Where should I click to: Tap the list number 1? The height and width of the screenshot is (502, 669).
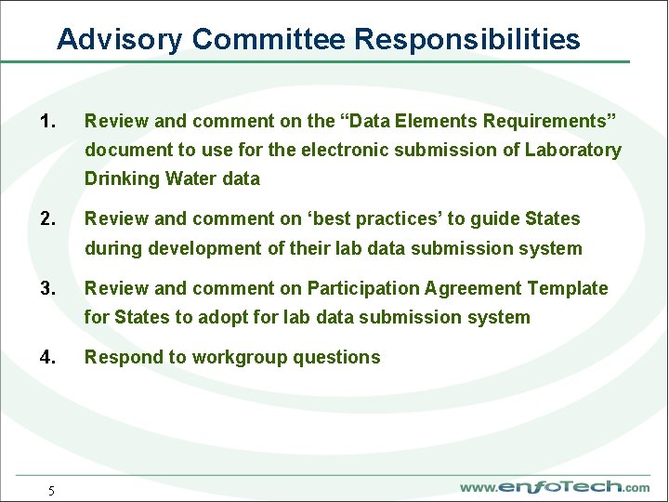pyautogui.click(x=49, y=121)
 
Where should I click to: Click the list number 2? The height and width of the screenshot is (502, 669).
pyautogui.click(x=49, y=219)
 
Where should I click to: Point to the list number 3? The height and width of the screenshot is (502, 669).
pyautogui.click(x=49, y=288)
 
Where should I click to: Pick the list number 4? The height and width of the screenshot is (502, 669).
pyautogui.click(x=49, y=357)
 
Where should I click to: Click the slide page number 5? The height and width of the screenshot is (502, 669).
pyautogui.click(x=51, y=491)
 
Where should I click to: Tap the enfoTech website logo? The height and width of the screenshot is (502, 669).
pyautogui.click(x=555, y=486)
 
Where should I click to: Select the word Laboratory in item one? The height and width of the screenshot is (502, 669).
pyautogui.click(x=573, y=150)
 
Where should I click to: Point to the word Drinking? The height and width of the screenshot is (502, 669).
pyautogui.click(x=122, y=178)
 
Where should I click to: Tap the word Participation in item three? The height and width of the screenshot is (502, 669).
pyautogui.click(x=364, y=288)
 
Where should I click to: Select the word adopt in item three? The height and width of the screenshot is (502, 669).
pyautogui.click(x=223, y=317)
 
